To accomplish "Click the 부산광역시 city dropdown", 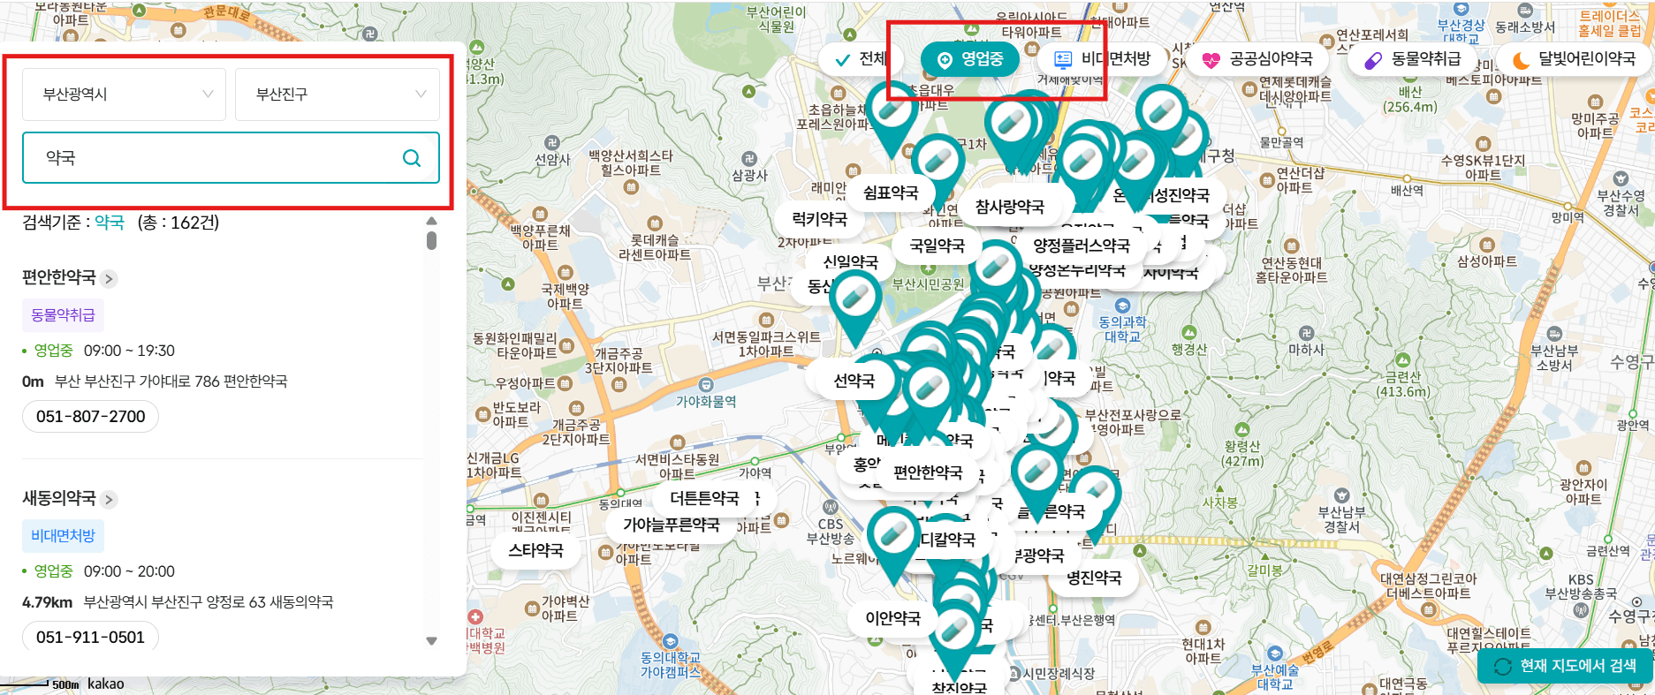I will pyautogui.click(x=124, y=94).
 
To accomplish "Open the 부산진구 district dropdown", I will pyautogui.click(x=337, y=94).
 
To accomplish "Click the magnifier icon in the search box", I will pyautogui.click(x=411, y=158).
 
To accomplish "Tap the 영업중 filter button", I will pyautogui.click(x=970, y=59).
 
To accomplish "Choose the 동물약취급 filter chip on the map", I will pyautogui.click(x=1413, y=59).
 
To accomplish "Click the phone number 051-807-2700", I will pyautogui.click(x=90, y=416).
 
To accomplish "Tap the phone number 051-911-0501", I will pyautogui.click(x=90, y=637).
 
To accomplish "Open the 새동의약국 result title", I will pyautogui.click(x=59, y=498).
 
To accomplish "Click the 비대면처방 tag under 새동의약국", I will pyautogui.click(x=63, y=535).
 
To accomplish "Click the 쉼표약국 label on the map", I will pyautogui.click(x=891, y=193).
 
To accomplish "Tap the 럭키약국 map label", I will pyautogui.click(x=819, y=219).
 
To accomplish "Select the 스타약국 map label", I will pyautogui.click(x=535, y=550).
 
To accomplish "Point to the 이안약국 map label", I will pyautogui.click(x=892, y=618).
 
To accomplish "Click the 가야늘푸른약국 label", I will pyautogui.click(x=672, y=525).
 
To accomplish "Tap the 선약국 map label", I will pyautogui.click(x=854, y=381).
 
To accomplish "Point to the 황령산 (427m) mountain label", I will pyautogui.click(x=1241, y=454).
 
